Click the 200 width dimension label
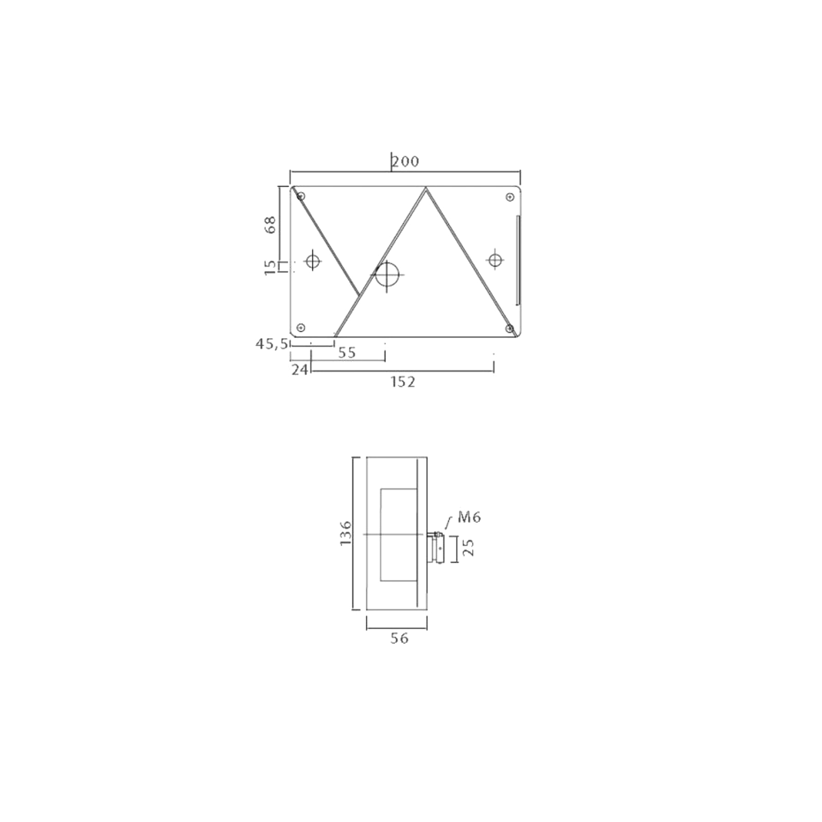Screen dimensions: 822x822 pyautogui.click(x=406, y=161)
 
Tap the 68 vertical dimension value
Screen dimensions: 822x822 pyautogui.click(x=270, y=225)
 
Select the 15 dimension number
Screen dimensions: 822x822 pyautogui.click(x=270, y=267)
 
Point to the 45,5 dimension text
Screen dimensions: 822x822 pyautogui.click(x=272, y=344)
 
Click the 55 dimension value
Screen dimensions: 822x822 pyautogui.click(x=347, y=352)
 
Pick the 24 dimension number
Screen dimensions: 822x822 pyautogui.click(x=300, y=369)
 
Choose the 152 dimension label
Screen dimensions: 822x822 pyautogui.click(x=402, y=382)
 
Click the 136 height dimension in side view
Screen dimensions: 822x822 pyautogui.click(x=346, y=533)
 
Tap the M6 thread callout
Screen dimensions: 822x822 pyautogui.click(x=469, y=517)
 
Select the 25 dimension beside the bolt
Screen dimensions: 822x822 pyautogui.click(x=468, y=548)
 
